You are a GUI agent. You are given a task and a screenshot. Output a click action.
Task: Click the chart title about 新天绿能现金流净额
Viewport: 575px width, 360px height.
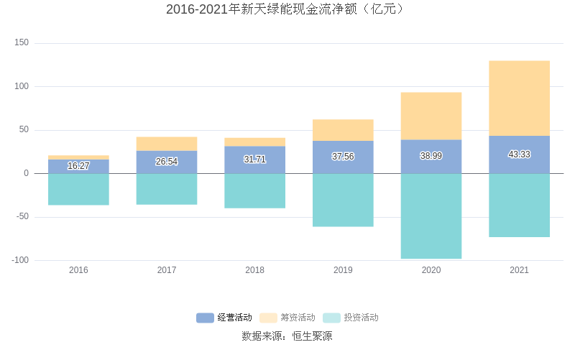click(x=287, y=9)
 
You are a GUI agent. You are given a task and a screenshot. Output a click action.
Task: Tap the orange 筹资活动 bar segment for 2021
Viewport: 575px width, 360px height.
click(x=519, y=98)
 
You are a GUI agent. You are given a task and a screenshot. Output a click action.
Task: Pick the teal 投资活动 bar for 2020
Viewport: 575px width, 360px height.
click(x=431, y=216)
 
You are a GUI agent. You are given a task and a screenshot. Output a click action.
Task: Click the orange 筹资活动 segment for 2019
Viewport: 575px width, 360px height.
click(x=343, y=130)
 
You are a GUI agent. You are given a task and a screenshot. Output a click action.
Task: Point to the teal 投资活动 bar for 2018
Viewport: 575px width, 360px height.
click(x=254, y=190)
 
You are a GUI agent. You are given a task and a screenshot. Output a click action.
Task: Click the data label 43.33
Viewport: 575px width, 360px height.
click(x=519, y=154)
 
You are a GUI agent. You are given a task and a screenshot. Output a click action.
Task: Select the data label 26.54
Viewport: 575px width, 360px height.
click(x=167, y=162)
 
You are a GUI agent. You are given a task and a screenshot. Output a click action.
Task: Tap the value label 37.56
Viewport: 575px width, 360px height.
click(x=343, y=157)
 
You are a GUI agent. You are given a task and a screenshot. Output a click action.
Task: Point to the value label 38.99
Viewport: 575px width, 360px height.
click(x=431, y=156)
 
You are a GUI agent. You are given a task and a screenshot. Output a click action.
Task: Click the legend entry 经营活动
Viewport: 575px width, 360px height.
click(x=224, y=318)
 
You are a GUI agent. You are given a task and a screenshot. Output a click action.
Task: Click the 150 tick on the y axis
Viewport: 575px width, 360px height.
click(x=22, y=43)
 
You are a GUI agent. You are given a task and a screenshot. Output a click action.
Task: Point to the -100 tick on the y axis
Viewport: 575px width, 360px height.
click(x=20, y=260)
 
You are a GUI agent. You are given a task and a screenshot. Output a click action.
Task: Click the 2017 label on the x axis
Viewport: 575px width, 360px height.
click(x=167, y=270)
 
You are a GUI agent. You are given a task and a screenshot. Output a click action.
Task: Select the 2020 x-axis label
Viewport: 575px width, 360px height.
click(x=431, y=270)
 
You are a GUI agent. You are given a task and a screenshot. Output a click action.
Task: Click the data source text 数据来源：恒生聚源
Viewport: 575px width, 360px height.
click(x=287, y=336)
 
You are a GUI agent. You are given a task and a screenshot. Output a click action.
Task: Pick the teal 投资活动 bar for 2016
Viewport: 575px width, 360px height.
click(x=78, y=189)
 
